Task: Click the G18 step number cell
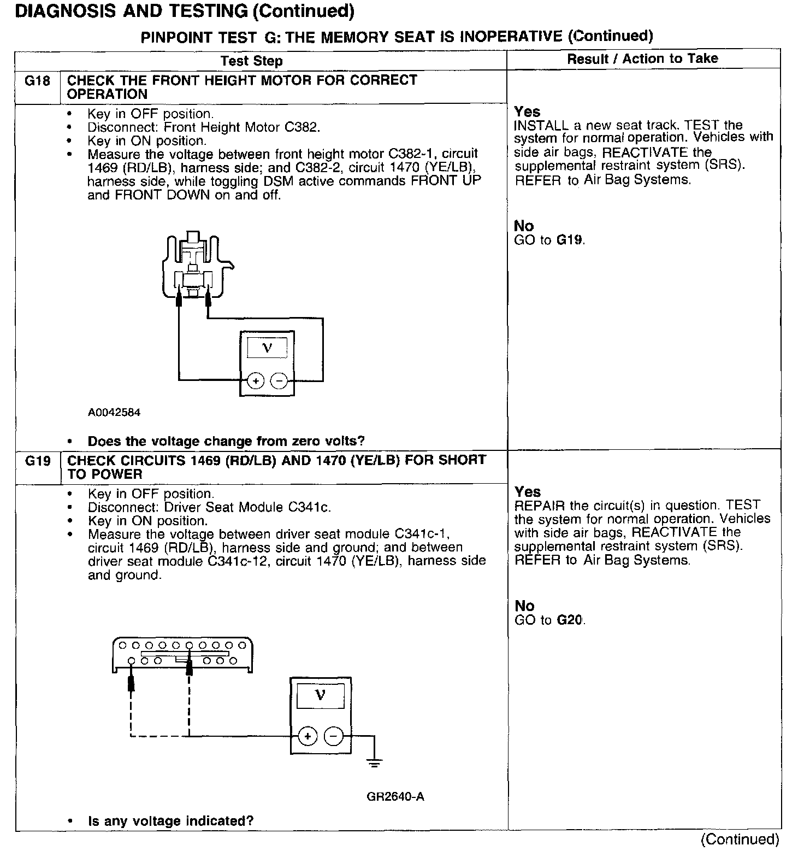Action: (x=38, y=81)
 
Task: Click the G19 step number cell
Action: (x=38, y=462)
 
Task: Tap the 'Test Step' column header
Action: (x=252, y=61)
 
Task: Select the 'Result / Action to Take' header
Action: (x=642, y=58)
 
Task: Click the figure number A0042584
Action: (x=114, y=413)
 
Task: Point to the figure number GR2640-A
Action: (x=395, y=796)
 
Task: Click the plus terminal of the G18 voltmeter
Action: (x=256, y=380)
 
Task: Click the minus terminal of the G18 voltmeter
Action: (x=279, y=380)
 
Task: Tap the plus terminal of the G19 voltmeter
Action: (x=308, y=737)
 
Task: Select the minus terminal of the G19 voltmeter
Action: (x=333, y=737)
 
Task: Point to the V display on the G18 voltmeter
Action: (x=267, y=348)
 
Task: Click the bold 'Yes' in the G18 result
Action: (x=527, y=111)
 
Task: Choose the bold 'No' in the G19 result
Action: (x=524, y=606)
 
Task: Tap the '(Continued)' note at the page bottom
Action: (x=740, y=839)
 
